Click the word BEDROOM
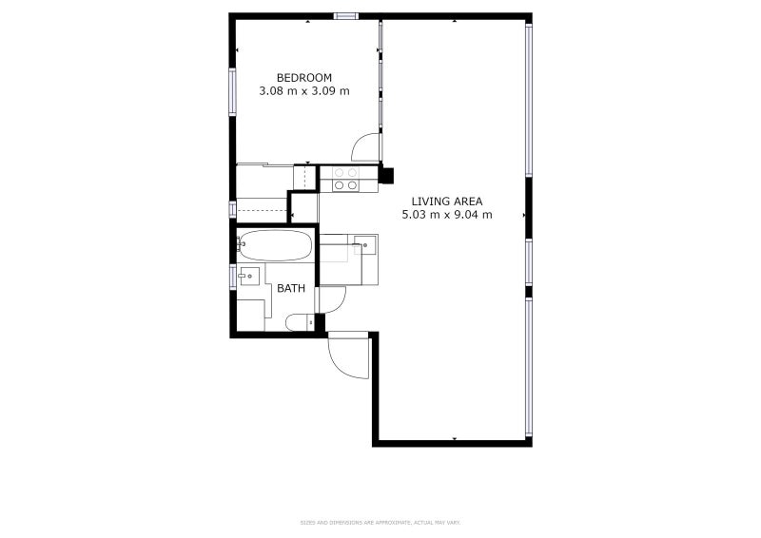(304, 77)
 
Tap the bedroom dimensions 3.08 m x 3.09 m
(304, 91)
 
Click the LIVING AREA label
(447, 201)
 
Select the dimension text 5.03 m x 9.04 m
(447, 215)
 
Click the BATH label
(291, 288)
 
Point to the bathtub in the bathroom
(275, 245)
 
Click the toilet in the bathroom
(298, 323)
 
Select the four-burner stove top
(344, 179)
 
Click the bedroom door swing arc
(363, 147)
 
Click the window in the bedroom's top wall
(345, 16)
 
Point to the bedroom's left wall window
(232, 91)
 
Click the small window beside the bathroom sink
(233, 277)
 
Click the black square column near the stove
(386, 174)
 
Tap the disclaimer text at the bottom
(380, 522)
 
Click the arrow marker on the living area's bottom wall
(455, 438)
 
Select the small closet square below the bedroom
(304, 207)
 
